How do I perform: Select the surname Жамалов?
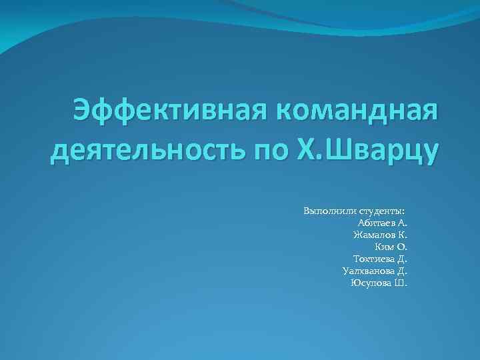[x=373, y=235]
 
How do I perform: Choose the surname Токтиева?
[x=373, y=259]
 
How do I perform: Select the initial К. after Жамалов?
[x=402, y=235]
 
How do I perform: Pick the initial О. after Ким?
[x=402, y=247]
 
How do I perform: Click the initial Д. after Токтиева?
[x=402, y=259]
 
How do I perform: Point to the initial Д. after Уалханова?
[x=402, y=271]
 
